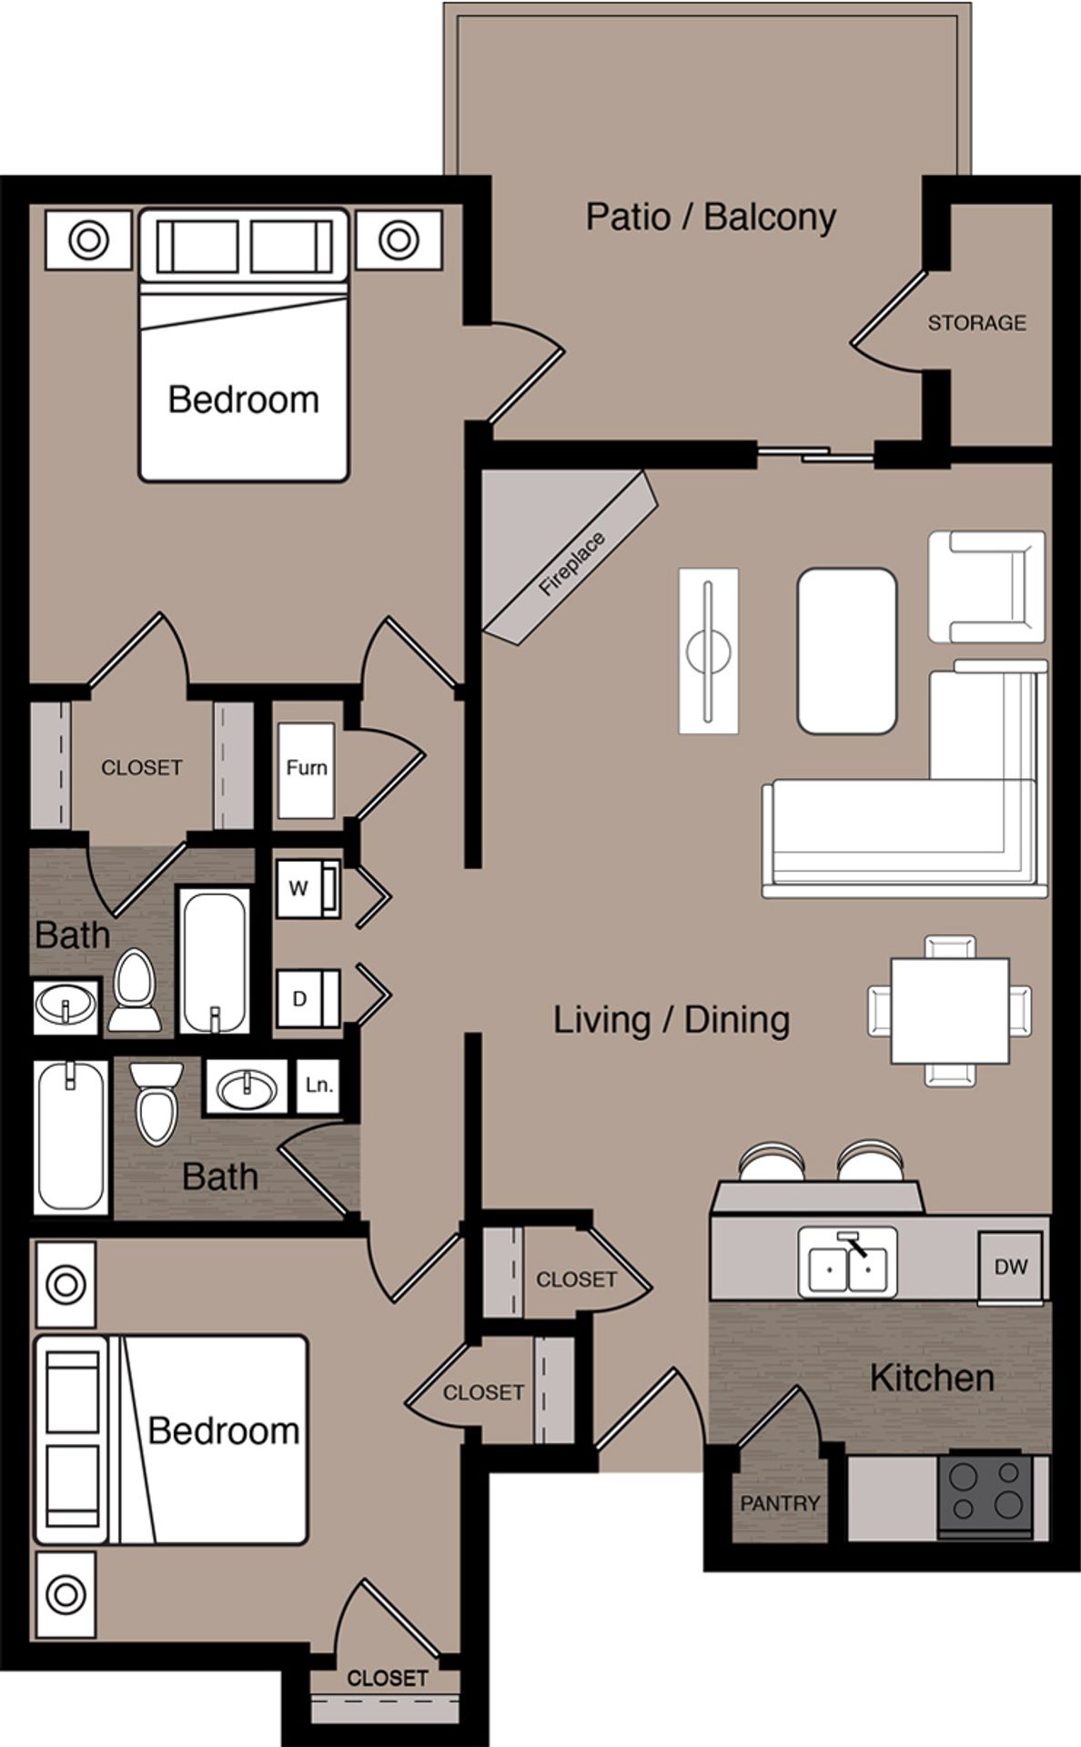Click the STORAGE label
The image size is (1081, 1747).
tap(976, 322)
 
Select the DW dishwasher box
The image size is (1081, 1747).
tap(1010, 1266)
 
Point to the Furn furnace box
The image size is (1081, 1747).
tap(306, 768)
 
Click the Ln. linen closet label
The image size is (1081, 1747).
tap(318, 1085)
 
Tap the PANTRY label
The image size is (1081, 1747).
tap(780, 1503)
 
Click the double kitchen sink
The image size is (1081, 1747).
tap(847, 1262)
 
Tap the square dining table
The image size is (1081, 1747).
tap(950, 1011)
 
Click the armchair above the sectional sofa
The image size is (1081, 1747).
tap(986, 587)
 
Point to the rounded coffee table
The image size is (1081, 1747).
tap(846, 651)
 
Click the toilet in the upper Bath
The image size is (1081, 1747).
tap(134, 990)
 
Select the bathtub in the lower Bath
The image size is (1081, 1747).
tap(71, 1136)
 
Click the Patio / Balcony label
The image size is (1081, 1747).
tap(710, 217)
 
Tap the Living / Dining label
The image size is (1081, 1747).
tap(671, 1019)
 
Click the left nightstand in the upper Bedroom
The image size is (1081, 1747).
tap(88, 240)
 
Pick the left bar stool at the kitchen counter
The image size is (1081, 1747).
tap(772, 1163)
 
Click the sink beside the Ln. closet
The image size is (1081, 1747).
tap(246, 1086)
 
